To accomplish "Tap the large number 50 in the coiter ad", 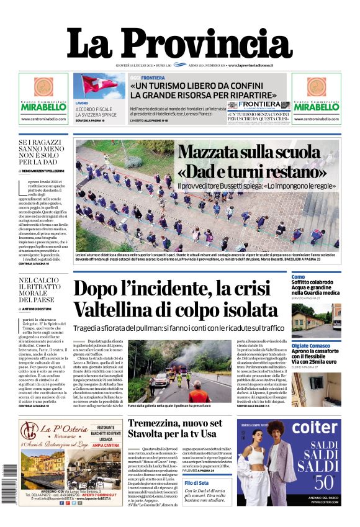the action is pos(320,480).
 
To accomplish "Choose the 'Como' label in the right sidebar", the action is pos(298,276).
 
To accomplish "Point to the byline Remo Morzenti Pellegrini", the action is pos(47,170).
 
